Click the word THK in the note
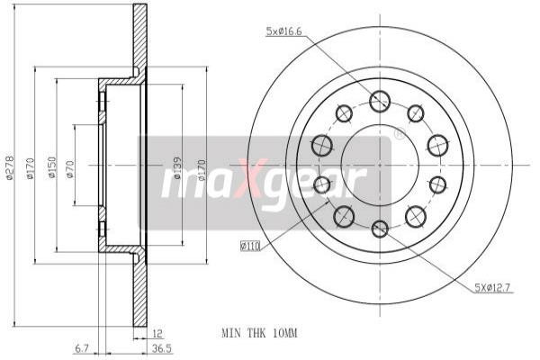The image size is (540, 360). click(x=258, y=333)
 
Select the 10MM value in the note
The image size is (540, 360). click(x=283, y=333)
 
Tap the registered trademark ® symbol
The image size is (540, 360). click(x=399, y=134)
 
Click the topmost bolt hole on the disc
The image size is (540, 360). click(x=379, y=101)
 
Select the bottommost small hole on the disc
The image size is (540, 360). click(x=380, y=228)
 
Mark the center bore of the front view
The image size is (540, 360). click(x=379, y=165)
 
